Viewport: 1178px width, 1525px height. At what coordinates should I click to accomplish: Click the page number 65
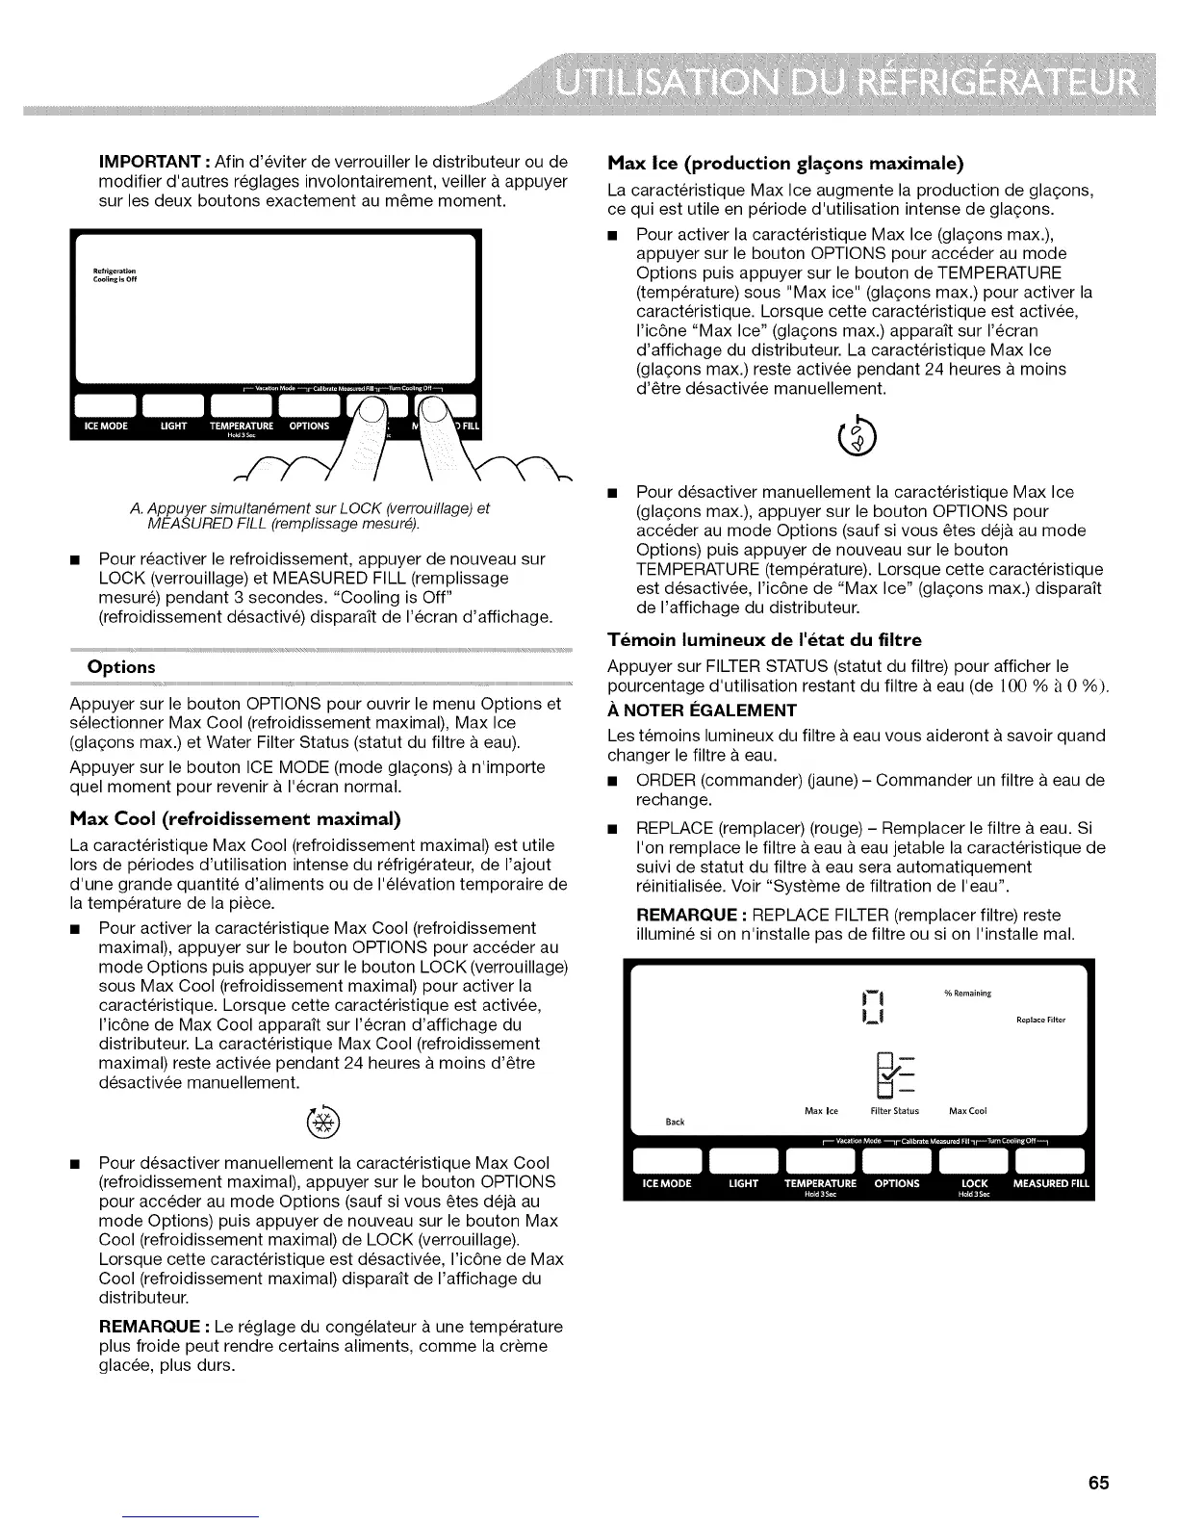(x=1099, y=1483)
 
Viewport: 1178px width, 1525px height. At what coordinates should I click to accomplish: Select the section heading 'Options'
(x=121, y=667)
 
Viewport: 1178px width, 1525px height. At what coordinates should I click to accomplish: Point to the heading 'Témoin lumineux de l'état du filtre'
(x=765, y=639)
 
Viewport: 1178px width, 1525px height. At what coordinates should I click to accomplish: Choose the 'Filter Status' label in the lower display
(x=894, y=1110)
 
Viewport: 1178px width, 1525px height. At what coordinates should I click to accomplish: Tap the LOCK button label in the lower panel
(x=974, y=1183)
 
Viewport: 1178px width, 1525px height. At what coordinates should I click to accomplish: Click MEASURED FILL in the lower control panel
(x=1051, y=1183)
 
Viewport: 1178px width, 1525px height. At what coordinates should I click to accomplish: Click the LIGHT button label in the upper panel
(x=173, y=426)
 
